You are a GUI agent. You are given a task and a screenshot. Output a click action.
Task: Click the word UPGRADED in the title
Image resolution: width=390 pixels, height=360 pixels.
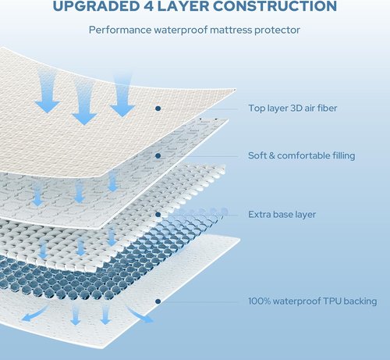[96, 5]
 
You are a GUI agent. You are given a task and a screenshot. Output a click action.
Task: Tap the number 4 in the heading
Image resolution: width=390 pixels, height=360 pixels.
[148, 5]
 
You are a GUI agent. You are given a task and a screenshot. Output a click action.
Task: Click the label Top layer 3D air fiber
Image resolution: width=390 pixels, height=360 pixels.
[292, 108]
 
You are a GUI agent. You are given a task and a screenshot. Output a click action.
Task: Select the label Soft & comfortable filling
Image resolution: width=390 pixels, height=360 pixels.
[302, 155]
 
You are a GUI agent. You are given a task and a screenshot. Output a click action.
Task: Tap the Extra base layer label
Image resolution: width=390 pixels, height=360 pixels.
[282, 215]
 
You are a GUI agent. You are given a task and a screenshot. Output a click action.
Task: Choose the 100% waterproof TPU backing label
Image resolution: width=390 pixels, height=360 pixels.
[313, 301]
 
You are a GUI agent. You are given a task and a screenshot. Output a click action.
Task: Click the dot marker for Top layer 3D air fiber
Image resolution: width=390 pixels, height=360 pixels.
[158, 109]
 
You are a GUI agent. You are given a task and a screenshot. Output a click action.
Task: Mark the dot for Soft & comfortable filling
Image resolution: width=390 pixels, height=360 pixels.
[158, 155]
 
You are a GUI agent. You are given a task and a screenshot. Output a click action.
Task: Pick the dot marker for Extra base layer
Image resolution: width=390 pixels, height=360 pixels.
[158, 215]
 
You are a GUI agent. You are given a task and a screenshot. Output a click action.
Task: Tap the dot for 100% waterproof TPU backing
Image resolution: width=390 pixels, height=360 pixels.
[158, 301]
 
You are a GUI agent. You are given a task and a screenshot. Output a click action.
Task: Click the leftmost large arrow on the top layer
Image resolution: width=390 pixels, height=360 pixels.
[48, 91]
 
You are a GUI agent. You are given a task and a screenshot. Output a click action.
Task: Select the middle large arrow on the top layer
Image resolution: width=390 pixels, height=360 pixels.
[84, 102]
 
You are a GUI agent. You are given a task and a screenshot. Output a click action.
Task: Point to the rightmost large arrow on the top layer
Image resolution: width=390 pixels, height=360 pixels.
[122, 95]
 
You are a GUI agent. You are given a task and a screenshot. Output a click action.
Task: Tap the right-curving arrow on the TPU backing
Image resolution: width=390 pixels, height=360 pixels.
[138, 314]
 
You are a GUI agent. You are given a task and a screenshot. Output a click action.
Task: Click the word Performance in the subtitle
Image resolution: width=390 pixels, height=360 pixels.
[120, 30]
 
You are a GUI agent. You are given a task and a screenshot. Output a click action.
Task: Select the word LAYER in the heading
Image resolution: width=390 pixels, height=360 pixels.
[183, 5]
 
